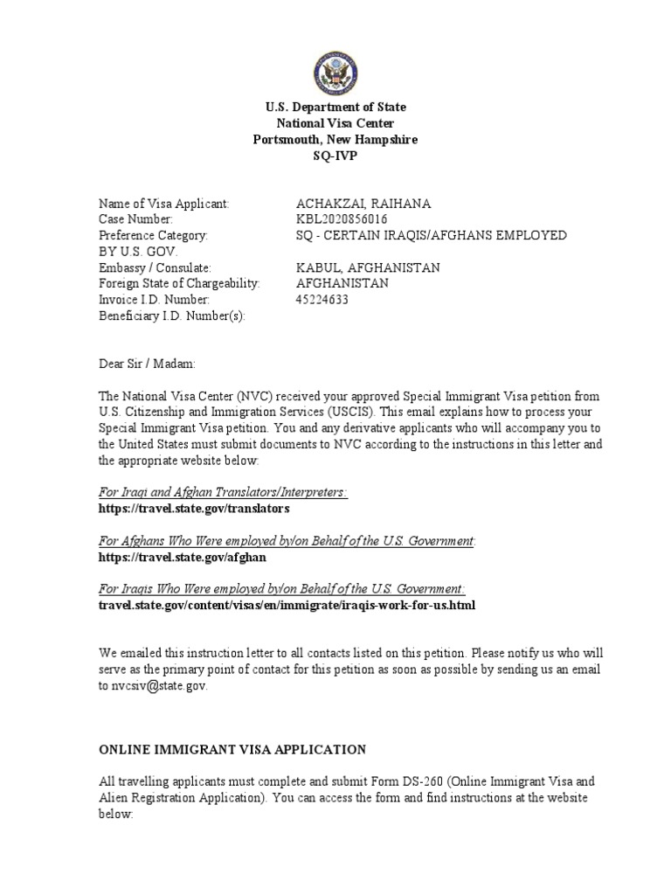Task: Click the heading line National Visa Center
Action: point(335,123)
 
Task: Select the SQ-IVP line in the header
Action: point(335,156)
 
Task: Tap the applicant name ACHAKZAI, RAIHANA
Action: point(363,204)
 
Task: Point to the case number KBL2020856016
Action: point(342,219)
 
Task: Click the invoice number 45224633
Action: point(322,300)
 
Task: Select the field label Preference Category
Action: point(153,235)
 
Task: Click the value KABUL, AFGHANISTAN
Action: point(368,267)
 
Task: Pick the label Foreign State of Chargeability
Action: point(180,283)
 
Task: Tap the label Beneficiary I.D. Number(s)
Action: point(172,316)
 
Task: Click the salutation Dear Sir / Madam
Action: point(148,364)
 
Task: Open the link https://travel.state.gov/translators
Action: point(193,508)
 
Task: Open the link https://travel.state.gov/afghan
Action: point(182,557)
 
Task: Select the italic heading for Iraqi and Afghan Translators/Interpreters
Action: point(223,492)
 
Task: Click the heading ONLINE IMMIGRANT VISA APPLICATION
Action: point(232,750)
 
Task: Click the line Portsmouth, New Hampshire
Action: point(335,139)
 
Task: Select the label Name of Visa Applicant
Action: point(163,204)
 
